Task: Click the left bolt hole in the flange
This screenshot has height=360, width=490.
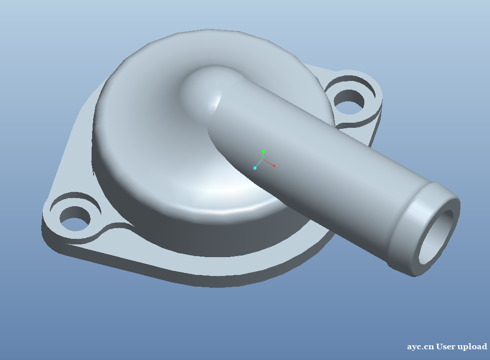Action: pyautogui.click(x=75, y=218)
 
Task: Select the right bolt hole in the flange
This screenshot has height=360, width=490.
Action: pyautogui.click(x=349, y=101)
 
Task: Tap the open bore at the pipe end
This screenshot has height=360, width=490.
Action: pyautogui.click(x=436, y=237)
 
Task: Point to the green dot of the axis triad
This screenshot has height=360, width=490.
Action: pyautogui.click(x=264, y=151)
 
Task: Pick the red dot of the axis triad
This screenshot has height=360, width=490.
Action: pyautogui.click(x=274, y=166)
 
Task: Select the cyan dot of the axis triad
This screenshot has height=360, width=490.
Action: pyautogui.click(x=255, y=168)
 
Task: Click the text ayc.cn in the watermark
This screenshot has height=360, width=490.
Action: pyautogui.click(x=420, y=347)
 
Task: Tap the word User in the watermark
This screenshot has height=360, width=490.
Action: pyautogui.click(x=446, y=346)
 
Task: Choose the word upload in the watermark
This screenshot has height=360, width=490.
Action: pyautogui.click(x=472, y=347)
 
